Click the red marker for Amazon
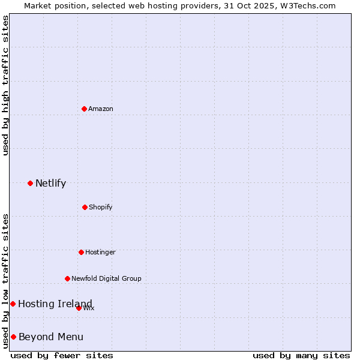(x=84, y=109)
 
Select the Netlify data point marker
(x=30, y=183)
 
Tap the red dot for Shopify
(x=85, y=207)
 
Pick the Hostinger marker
(x=81, y=252)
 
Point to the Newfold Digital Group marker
(x=67, y=278)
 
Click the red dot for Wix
(x=79, y=308)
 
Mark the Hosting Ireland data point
(x=13, y=304)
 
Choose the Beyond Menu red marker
(x=13, y=337)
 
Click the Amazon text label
(x=101, y=109)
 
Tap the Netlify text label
(x=50, y=183)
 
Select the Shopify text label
(x=101, y=207)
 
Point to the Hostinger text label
(x=100, y=252)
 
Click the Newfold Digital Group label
(x=106, y=278)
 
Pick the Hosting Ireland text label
(x=55, y=304)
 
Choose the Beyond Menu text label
(x=51, y=337)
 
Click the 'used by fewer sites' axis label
(x=62, y=355)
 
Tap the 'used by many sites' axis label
(x=301, y=355)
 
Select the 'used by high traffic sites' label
(x=6, y=85)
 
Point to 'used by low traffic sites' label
(x=6, y=281)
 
